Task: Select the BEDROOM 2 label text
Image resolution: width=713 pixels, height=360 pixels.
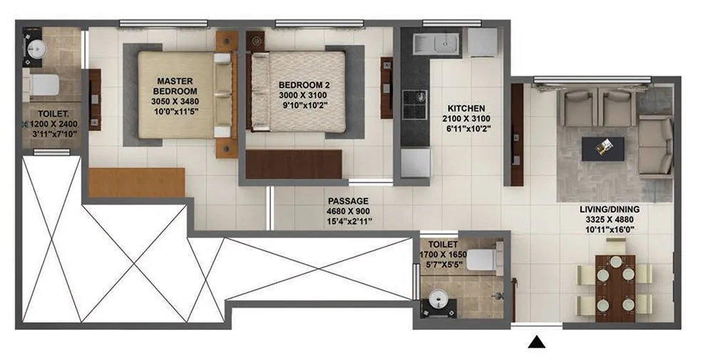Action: tap(304, 86)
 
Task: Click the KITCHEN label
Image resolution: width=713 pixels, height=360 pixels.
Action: tap(466, 109)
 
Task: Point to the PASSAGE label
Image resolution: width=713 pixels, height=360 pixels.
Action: tap(348, 202)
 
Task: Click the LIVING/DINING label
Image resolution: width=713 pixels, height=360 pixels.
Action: tap(609, 209)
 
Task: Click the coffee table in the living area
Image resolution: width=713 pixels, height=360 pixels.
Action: tap(603, 148)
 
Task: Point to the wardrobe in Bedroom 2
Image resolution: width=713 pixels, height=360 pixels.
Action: tap(294, 164)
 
